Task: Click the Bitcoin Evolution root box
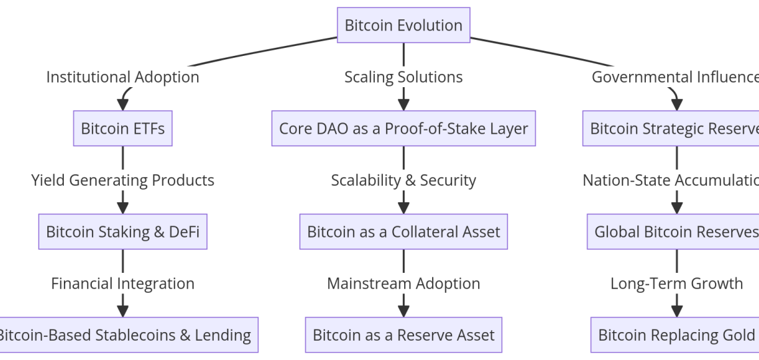tap(403, 25)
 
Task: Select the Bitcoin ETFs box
tap(123, 128)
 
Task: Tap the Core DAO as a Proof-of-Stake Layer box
tap(403, 128)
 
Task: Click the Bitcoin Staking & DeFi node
tap(123, 232)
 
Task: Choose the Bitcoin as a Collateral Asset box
tap(403, 232)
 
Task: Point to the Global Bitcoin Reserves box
tap(674, 232)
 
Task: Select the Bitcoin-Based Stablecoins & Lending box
tap(126, 335)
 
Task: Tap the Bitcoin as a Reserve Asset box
tap(403, 335)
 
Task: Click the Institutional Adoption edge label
tap(123, 77)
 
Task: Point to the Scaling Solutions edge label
tap(403, 77)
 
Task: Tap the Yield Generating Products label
tap(123, 180)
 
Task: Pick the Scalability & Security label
tap(403, 180)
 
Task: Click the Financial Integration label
tap(123, 283)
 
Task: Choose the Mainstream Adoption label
tap(403, 283)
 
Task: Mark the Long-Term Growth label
tap(676, 283)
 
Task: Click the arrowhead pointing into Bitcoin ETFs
tap(123, 104)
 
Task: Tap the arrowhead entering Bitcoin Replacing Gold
tap(677, 311)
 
